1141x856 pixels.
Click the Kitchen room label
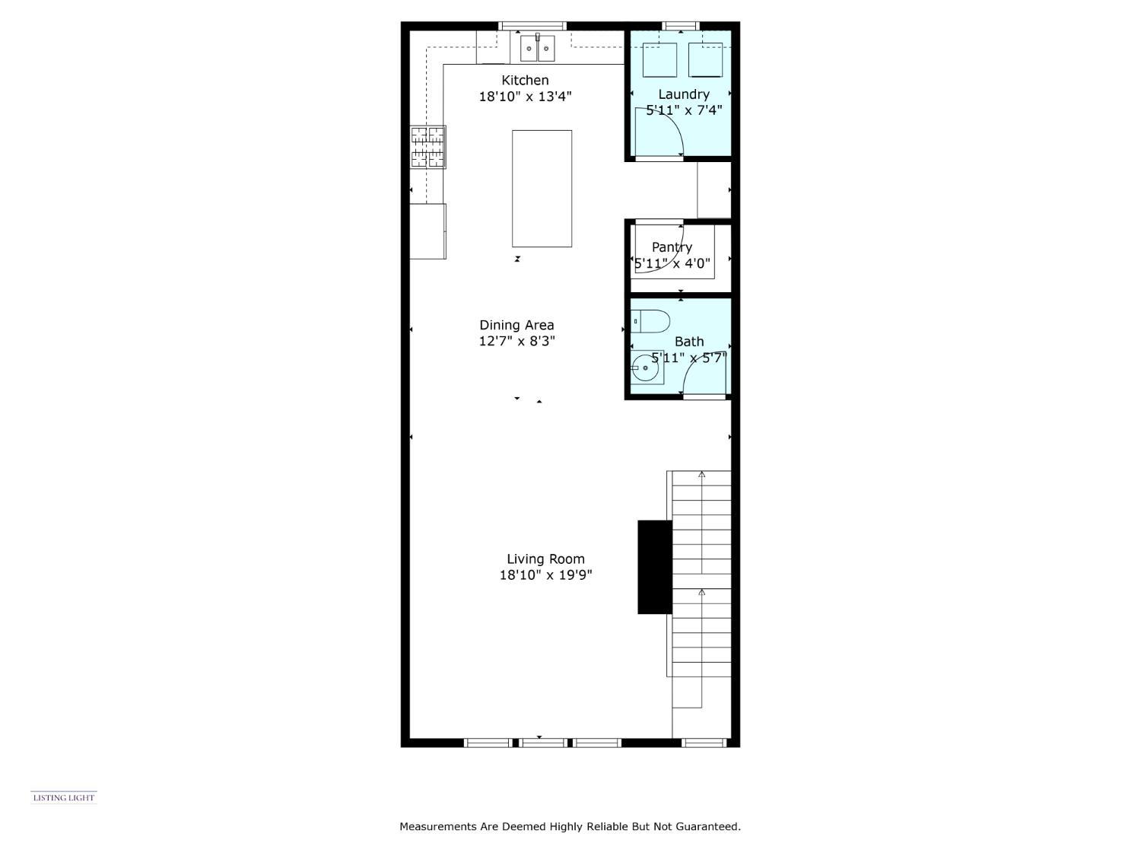525,80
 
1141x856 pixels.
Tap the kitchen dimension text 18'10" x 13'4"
525,97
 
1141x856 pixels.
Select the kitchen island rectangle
542,188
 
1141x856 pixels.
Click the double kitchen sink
538,48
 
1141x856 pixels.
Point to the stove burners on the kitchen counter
428,147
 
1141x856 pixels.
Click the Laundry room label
684,94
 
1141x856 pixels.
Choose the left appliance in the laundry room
659,60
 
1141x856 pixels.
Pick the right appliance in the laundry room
705,60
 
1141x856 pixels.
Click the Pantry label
672,247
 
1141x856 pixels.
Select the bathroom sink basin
647,368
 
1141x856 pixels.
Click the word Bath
689,342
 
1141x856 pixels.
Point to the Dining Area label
516,325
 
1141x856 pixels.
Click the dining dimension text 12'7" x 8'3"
516,342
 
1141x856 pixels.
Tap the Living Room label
545,559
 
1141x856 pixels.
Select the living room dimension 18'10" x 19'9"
545,575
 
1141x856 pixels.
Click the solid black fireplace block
654,567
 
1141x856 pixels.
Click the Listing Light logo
64,797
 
